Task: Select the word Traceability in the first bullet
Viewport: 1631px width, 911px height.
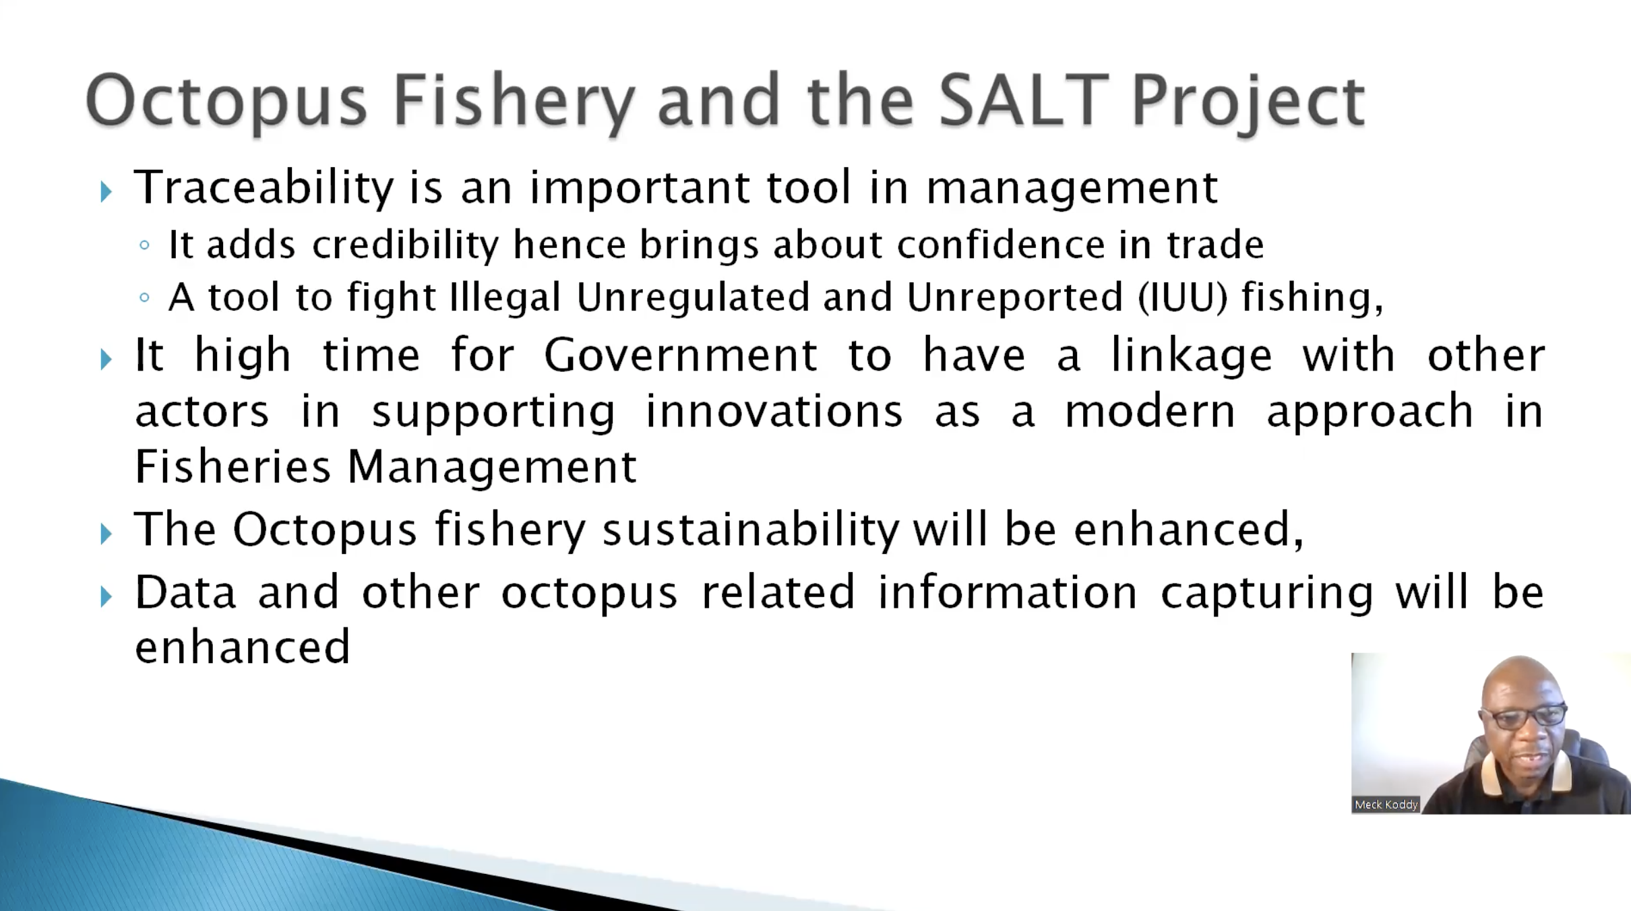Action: pos(264,188)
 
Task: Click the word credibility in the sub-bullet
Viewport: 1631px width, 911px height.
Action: pos(405,245)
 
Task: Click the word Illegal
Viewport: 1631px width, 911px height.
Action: pos(505,297)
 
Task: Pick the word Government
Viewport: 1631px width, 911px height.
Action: pos(681,355)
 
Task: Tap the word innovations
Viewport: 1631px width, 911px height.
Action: pos(774,411)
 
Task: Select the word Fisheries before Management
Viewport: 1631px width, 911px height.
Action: pos(233,466)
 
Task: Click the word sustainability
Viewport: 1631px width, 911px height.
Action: pos(751,530)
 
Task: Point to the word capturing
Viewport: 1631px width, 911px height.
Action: pos(1266,594)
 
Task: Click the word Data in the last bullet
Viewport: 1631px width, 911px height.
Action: pos(185,592)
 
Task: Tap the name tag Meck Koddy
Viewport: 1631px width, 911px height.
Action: pos(1386,805)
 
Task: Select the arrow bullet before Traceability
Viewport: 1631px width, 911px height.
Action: pos(106,192)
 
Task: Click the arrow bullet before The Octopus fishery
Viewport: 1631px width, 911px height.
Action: pos(106,534)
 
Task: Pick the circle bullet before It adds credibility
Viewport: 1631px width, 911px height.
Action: pos(144,245)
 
